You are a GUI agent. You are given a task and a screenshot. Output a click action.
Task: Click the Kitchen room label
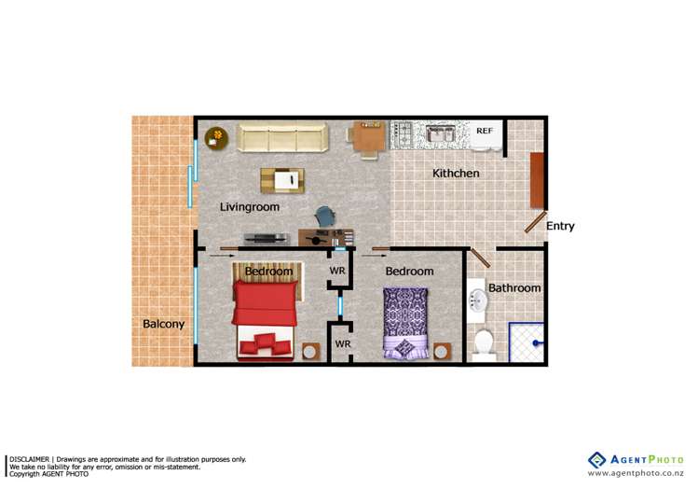456,174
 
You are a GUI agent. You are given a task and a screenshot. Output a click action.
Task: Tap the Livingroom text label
249,207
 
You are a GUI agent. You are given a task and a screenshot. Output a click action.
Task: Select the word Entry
560,226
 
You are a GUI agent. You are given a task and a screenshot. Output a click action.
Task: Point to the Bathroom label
514,288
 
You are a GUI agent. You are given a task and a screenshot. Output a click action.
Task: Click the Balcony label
163,325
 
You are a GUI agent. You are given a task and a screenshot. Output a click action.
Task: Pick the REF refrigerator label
485,132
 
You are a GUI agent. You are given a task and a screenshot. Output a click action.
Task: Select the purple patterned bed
406,320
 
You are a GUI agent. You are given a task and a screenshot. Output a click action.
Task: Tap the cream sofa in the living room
282,138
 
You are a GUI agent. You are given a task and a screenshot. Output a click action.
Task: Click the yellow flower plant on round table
217,137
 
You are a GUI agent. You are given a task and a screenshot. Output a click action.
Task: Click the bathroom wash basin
477,300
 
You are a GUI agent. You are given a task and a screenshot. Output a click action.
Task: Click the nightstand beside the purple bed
443,351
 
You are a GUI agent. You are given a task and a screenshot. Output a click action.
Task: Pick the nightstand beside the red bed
311,352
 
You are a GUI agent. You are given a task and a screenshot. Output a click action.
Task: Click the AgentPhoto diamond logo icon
596,460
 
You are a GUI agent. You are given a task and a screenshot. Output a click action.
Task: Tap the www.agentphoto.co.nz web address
638,473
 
